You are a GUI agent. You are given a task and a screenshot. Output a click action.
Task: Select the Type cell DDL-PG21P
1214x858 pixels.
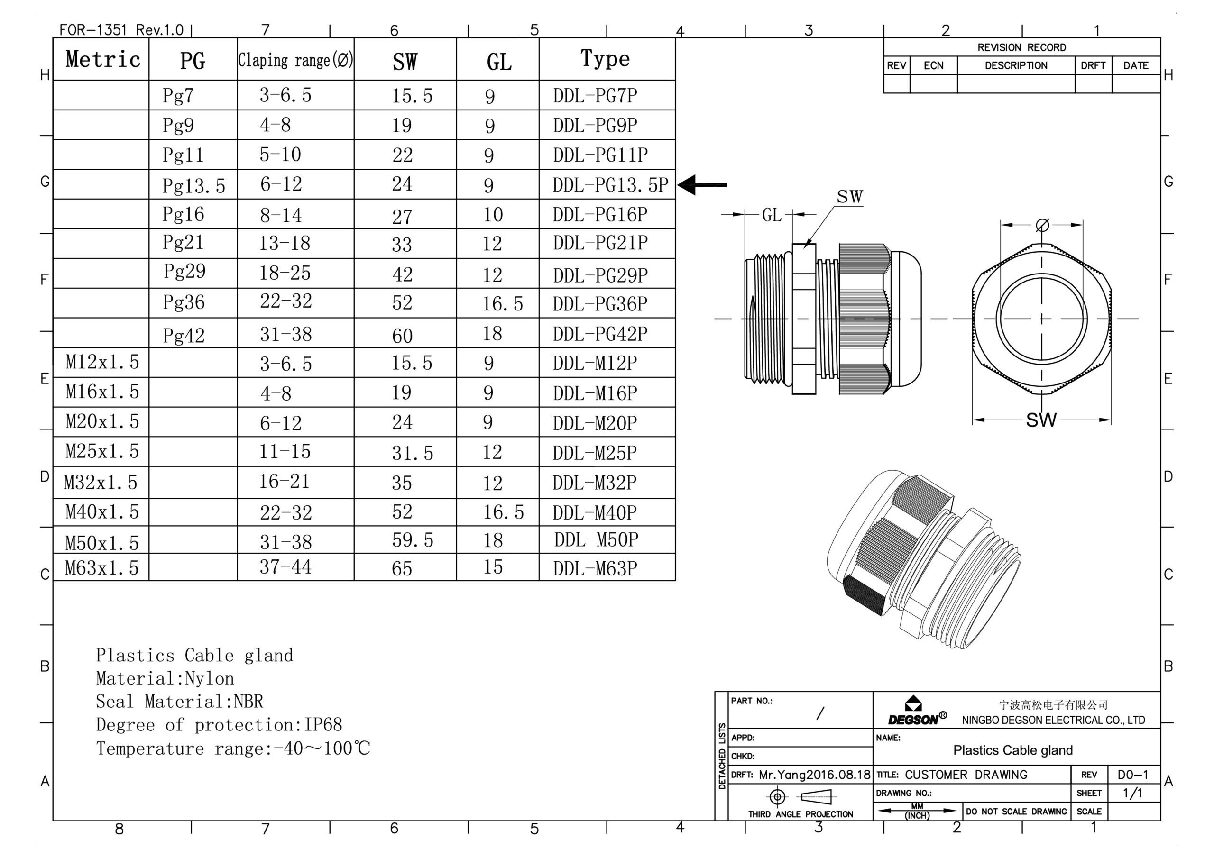[600, 243]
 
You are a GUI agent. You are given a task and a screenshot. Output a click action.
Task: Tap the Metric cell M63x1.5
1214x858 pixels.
[101, 568]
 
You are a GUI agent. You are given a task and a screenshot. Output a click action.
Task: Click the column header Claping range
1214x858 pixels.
[295, 60]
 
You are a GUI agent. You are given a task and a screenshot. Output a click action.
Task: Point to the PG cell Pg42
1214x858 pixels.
[184, 335]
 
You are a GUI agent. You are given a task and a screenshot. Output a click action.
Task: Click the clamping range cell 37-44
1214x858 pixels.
[285, 567]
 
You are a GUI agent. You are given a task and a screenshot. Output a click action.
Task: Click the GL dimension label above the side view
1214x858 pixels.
[772, 215]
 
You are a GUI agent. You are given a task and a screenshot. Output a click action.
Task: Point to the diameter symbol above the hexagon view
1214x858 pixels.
[1042, 226]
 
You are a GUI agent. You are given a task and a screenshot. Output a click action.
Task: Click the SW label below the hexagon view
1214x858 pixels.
[1041, 420]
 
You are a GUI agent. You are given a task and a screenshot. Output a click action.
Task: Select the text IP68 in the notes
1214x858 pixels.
[323, 725]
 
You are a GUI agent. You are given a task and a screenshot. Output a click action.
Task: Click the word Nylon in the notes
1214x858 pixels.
[210, 679]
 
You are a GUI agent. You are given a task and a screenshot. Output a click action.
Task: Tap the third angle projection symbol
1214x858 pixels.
[800, 796]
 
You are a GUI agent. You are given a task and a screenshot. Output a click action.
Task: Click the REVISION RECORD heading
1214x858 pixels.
[1021, 47]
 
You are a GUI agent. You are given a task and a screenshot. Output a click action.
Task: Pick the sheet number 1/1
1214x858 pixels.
[1132, 793]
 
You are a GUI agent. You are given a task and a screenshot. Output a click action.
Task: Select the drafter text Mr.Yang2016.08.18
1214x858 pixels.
[814, 775]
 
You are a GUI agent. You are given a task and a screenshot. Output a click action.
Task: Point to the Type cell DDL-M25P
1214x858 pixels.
[595, 453]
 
